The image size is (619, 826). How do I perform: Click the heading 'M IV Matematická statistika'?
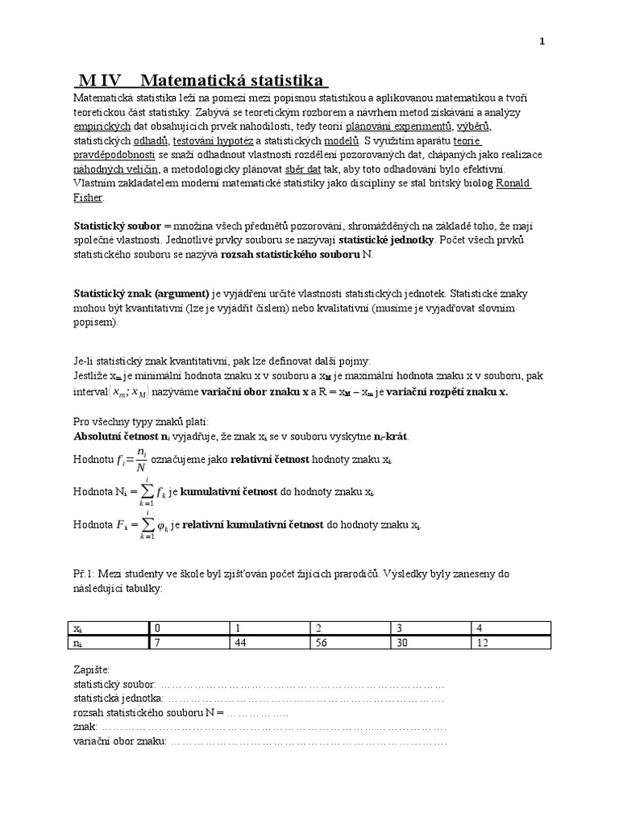click(x=201, y=81)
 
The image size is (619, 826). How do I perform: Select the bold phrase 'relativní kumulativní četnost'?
click(x=252, y=524)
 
